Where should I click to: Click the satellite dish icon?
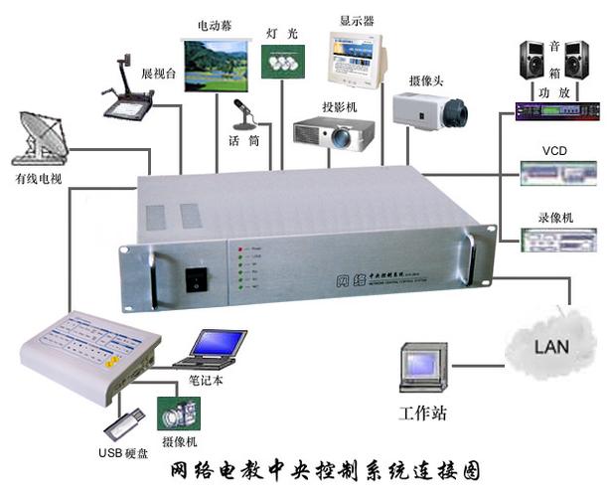pyautogui.click(x=38, y=138)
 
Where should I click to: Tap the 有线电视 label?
pyautogui.click(x=38, y=179)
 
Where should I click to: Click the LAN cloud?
pyautogui.click(x=551, y=346)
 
